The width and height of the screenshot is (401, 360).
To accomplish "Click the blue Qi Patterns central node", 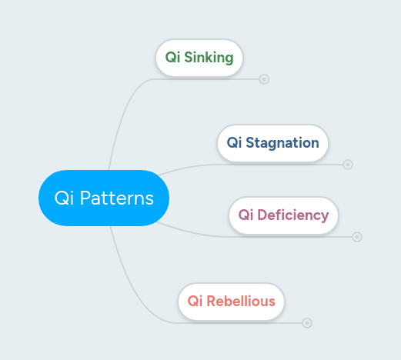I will click(103, 198).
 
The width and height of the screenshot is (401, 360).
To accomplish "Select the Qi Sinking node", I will click(199, 58).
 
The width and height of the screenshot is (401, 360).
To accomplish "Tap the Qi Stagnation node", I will click(272, 143).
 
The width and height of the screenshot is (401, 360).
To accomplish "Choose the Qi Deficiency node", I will click(283, 215).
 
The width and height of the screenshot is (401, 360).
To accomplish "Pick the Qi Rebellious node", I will click(231, 301).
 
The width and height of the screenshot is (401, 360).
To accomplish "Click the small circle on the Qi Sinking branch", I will click(264, 78).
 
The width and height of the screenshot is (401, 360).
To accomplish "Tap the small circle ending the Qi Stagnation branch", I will click(348, 164).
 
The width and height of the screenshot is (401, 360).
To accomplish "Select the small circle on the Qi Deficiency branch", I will click(357, 236).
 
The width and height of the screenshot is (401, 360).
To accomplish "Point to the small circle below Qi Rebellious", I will click(307, 323).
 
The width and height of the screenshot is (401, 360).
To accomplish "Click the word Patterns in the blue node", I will click(117, 198).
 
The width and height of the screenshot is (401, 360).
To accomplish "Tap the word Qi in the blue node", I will click(63, 198).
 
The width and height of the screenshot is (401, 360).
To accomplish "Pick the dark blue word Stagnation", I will click(282, 143).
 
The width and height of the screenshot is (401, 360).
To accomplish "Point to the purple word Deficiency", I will click(293, 215).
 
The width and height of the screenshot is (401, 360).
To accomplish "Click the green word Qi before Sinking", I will click(172, 58).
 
